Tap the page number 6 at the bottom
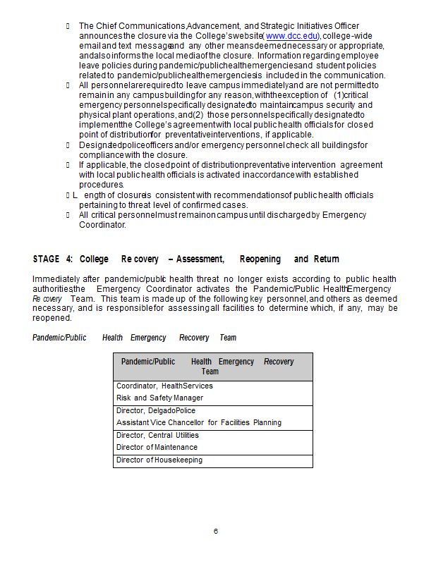coord(216,531)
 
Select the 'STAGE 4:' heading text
coord(53,259)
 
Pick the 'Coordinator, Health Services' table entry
coord(164,386)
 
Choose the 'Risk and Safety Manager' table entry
coord(159,398)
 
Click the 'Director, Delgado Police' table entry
coord(156,410)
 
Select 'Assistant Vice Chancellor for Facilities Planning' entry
coord(199,422)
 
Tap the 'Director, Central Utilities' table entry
coord(157,435)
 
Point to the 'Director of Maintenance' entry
coord(157,447)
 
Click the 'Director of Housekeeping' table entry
coord(159,460)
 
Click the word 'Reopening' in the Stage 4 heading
coord(260,259)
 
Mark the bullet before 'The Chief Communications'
coord(68,26)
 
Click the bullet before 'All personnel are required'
coord(68,85)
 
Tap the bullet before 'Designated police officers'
coord(68,145)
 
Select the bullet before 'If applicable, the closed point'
coord(68,165)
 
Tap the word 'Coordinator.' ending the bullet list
coord(102,225)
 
